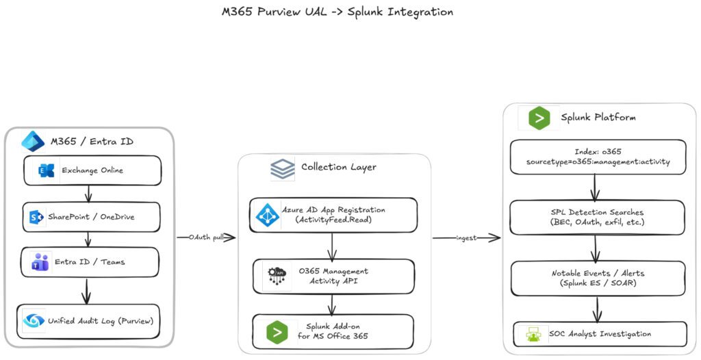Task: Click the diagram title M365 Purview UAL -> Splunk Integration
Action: pyautogui.click(x=337, y=12)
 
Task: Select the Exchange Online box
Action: pyautogui.click(x=92, y=170)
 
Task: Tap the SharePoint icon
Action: pyautogui.click(x=36, y=218)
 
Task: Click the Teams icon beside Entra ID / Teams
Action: pyautogui.click(x=39, y=262)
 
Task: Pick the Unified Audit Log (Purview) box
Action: pyautogui.click(x=88, y=321)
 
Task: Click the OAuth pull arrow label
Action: pyautogui.click(x=205, y=237)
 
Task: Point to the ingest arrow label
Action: pyautogui.click(x=466, y=238)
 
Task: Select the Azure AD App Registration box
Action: pyautogui.click(x=333, y=215)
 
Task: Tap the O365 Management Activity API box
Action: pyautogui.click(x=333, y=277)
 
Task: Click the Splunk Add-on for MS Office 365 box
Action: pyautogui.click(x=333, y=332)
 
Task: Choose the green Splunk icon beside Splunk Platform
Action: pyautogui.click(x=539, y=118)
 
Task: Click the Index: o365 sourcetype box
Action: pyautogui.click(x=598, y=157)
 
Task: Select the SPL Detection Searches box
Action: pyautogui.click(x=597, y=218)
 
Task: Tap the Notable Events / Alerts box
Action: pyautogui.click(x=598, y=279)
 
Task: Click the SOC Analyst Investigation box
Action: pyautogui.click(x=600, y=334)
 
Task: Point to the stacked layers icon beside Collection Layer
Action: pyautogui.click(x=283, y=168)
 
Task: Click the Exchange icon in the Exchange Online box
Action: pyautogui.click(x=47, y=170)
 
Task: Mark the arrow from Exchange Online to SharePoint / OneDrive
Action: pyautogui.click(x=88, y=194)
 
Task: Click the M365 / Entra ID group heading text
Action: pyautogui.click(x=92, y=142)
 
